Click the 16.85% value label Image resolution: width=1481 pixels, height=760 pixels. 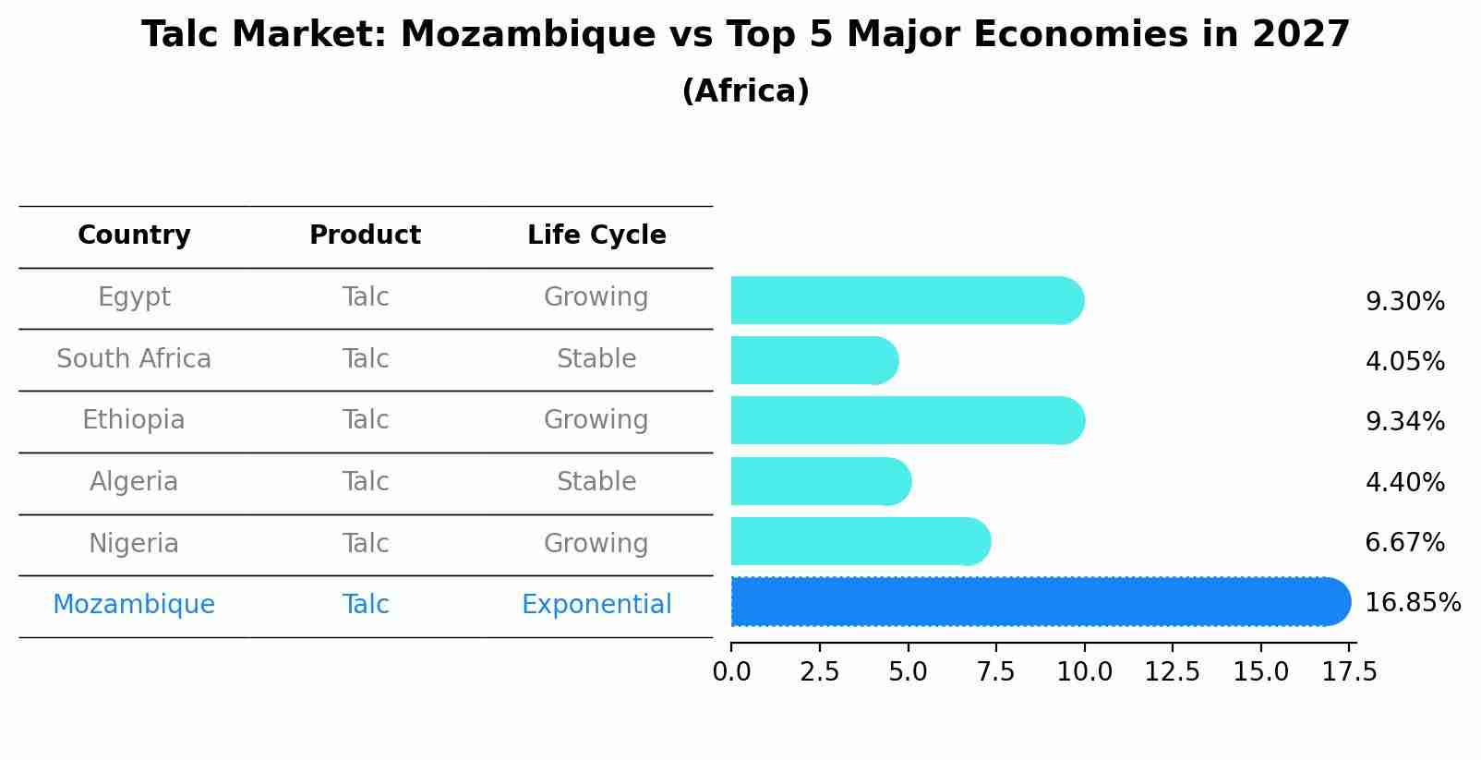pos(1412,603)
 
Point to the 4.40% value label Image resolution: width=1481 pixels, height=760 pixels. pos(1404,482)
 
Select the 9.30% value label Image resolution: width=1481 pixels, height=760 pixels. pos(1404,302)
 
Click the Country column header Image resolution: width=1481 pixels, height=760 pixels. pos(134,235)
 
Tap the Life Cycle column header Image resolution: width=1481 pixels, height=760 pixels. pos(596,235)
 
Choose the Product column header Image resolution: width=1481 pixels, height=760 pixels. pos(365,235)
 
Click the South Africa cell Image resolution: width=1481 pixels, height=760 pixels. pos(134,359)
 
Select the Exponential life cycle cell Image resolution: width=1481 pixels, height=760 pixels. pos(596,605)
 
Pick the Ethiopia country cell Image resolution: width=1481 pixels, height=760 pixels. pos(134,420)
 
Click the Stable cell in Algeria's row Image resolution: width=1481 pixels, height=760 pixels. pos(596,482)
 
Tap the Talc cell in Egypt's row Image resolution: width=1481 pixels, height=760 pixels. pos(365,297)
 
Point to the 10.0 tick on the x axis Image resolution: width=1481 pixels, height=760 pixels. pos(1084,672)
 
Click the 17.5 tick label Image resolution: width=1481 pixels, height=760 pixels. pos(1349,672)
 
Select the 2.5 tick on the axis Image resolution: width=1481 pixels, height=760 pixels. pos(820,672)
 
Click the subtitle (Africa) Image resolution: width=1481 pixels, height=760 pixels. pos(745,91)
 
